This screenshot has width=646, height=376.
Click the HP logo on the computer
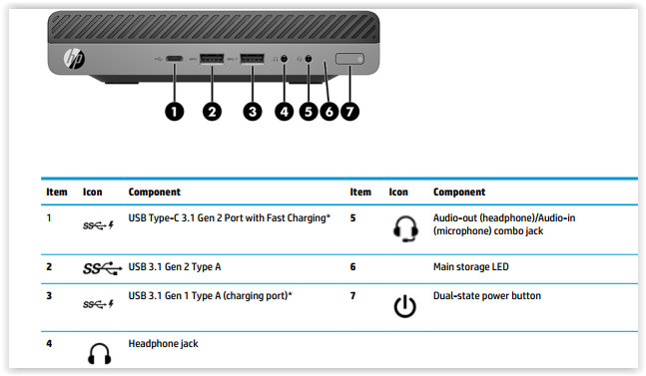[75, 59]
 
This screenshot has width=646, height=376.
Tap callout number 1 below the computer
[175, 112]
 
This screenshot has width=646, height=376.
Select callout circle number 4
[285, 112]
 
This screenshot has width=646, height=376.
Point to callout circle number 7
[349, 112]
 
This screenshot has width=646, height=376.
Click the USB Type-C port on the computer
[175, 59]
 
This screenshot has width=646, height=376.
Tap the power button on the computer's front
[349, 59]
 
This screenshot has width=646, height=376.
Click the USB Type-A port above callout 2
[212, 59]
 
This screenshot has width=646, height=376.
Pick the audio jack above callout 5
[309, 59]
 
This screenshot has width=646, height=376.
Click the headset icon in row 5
[405, 228]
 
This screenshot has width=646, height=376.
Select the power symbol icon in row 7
[405, 306]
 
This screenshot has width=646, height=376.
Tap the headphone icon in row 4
[99, 353]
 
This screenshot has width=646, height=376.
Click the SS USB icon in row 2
[103, 268]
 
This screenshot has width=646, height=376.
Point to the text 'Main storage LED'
[471, 267]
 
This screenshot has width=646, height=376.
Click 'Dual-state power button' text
[487, 296]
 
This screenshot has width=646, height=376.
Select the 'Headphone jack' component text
[163, 344]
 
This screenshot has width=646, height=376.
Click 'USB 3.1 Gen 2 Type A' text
[175, 267]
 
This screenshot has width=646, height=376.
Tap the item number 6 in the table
[352, 267]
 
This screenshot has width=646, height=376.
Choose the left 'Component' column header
[155, 192]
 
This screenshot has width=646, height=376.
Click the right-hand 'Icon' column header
[398, 192]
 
